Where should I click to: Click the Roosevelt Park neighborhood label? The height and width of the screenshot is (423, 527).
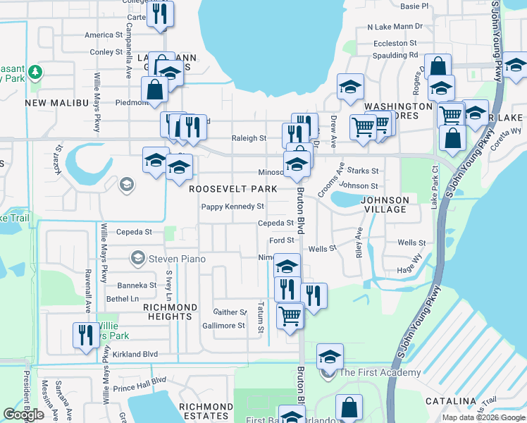232,189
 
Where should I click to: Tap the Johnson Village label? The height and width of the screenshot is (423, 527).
384,204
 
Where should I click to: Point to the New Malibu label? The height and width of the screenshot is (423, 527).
56,103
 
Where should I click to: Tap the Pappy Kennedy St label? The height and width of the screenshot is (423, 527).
232,207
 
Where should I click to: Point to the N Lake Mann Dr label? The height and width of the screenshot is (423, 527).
395,27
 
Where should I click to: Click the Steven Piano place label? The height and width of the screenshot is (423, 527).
177,259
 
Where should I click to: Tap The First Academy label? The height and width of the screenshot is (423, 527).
380,372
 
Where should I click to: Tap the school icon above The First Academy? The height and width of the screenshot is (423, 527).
329,356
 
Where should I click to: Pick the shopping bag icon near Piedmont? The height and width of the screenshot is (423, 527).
154,90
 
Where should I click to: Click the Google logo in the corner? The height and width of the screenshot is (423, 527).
24,415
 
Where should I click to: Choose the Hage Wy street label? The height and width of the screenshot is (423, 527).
409,269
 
